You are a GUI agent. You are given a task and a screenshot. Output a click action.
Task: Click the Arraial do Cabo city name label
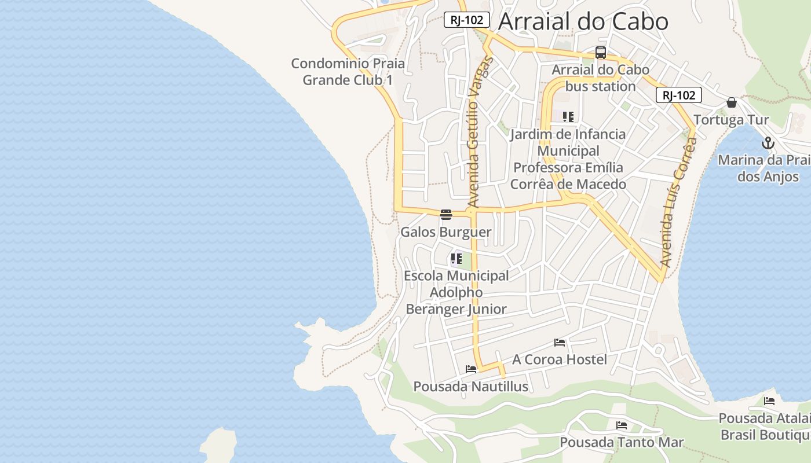coord(583,21)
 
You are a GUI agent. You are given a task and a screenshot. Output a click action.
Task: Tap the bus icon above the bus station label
coord(601,53)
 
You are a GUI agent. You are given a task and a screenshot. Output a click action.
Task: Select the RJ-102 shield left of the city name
coord(467,20)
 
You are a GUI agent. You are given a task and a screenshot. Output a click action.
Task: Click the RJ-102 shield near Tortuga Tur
coord(678,95)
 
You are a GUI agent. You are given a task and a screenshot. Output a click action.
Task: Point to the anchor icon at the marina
coord(768,142)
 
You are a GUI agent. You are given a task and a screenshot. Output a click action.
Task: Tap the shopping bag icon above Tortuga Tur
coord(732,102)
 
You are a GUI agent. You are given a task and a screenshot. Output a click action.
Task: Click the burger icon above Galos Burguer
coord(445,215)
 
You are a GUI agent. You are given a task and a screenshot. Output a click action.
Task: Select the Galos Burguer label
coord(445,232)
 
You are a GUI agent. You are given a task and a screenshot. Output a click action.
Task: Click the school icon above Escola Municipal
coord(456,259)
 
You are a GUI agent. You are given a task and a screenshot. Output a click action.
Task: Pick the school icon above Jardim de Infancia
coord(568,117)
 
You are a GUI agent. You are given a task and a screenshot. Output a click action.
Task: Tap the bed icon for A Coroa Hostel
coord(560,342)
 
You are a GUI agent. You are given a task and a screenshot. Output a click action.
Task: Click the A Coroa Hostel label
coord(560,359)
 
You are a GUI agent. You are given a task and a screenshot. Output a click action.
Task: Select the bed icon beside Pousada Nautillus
coord(471,369)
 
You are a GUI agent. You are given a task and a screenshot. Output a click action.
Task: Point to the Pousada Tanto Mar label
coord(622,442)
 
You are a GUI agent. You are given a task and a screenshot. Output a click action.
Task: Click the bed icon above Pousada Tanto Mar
coord(622,425)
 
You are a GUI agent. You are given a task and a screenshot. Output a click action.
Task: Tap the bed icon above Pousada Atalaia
coord(769,400)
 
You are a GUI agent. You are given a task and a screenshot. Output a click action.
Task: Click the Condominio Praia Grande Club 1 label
coord(348,71)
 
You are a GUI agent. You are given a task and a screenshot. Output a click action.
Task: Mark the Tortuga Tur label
coord(731,120)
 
